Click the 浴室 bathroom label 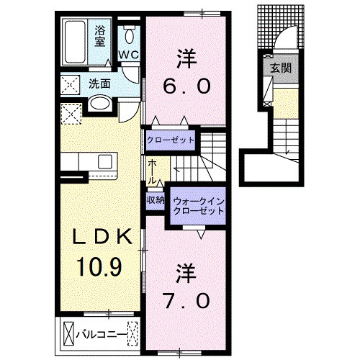click(x=100, y=36)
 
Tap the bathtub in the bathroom click(x=75, y=42)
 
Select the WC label click(x=129, y=55)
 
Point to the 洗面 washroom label click(x=99, y=84)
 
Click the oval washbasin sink click(x=100, y=103)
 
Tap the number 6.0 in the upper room click(x=186, y=86)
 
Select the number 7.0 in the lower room click(x=186, y=301)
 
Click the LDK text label click(x=102, y=237)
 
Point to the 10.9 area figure click(x=99, y=266)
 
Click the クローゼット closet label click(x=171, y=140)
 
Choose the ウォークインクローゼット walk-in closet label click(x=198, y=206)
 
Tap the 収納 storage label click(x=156, y=200)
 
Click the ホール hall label click(x=152, y=172)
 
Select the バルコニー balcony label click(x=101, y=334)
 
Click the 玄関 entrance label click(x=281, y=68)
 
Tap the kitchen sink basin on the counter click(x=105, y=161)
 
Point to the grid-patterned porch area click(x=281, y=27)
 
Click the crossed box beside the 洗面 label click(x=70, y=85)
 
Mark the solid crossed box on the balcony click(x=68, y=334)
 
